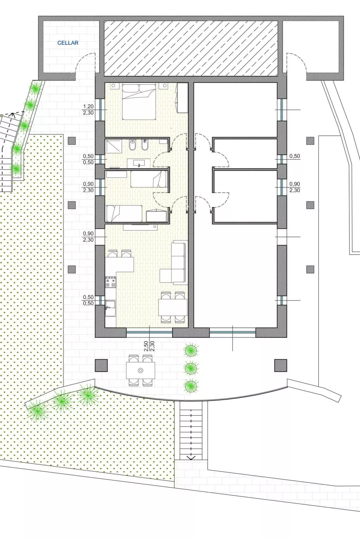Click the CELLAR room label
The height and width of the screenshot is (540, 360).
click(68, 43)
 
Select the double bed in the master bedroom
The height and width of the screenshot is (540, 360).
click(139, 102)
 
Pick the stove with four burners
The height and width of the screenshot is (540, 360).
click(111, 282)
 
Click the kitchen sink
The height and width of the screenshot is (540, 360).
click(110, 308)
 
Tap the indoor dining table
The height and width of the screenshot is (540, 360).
click(173, 307)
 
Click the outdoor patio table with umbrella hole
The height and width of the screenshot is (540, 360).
click(141, 371)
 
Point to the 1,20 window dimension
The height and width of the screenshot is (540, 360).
click(88, 106)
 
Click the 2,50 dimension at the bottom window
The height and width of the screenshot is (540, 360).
click(146, 346)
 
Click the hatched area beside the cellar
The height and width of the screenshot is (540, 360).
click(191, 48)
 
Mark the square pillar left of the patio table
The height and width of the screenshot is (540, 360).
click(101, 366)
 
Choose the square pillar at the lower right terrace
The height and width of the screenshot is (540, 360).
click(281, 366)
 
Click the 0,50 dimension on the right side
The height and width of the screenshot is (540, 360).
click(295, 156)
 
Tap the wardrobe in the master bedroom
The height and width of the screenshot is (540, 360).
click(182, 98)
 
